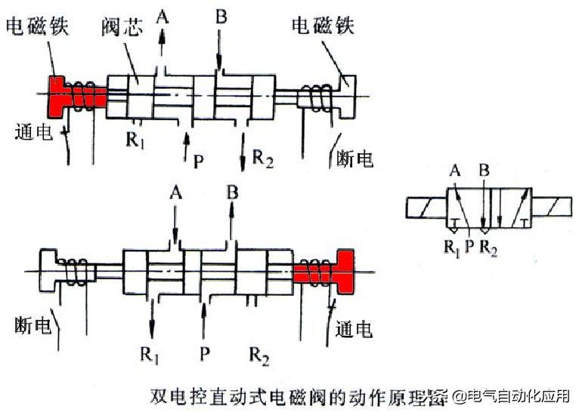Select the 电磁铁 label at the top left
click(x=37, y=26)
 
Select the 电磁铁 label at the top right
click(x=324, y=26)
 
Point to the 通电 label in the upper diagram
click(x=33, y=133)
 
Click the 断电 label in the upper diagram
click(x=354, y=159)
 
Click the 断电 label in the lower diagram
click(x=33, y=326)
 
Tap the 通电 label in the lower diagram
click(x=354, y=330)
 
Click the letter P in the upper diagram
click(x=198, y=160)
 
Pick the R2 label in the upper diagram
click(x=262, y=158)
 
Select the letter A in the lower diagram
click(x=176, y=192)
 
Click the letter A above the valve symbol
click(x=454, y=171)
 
